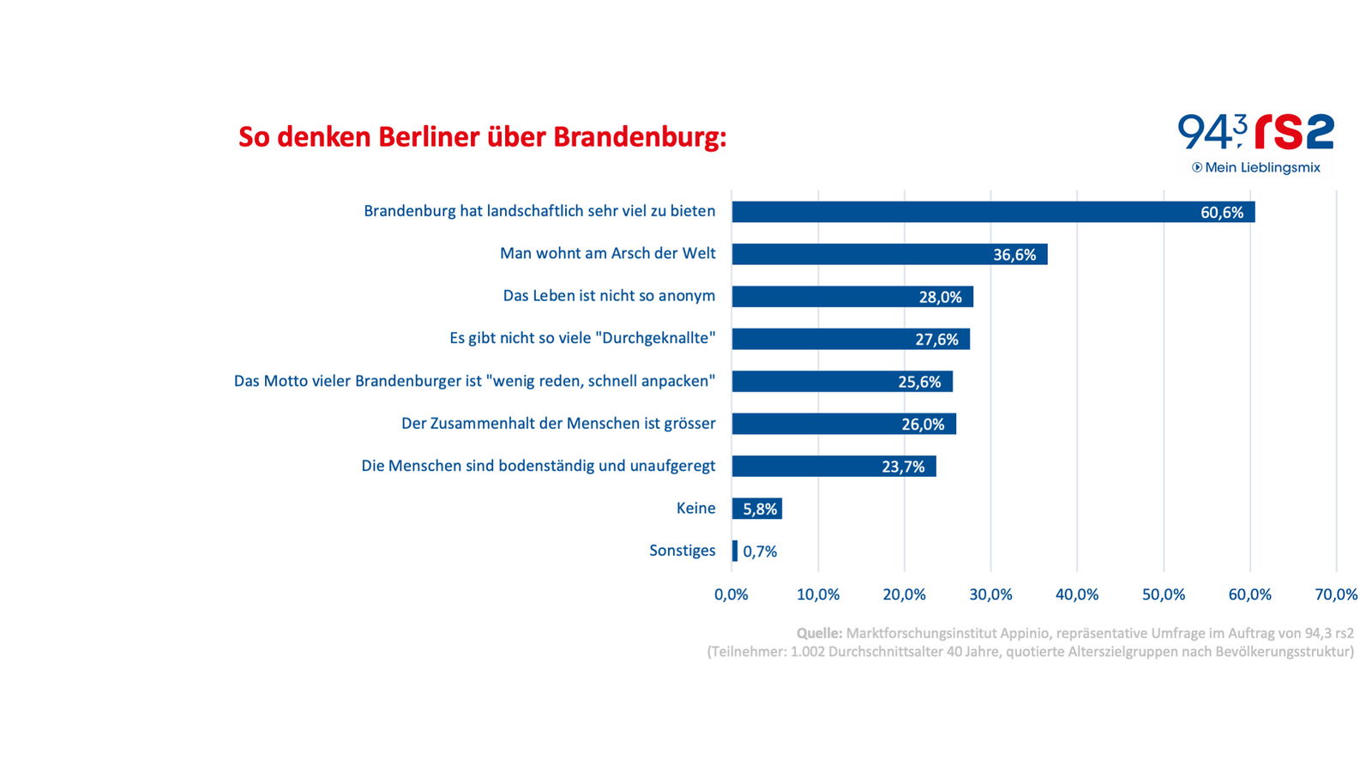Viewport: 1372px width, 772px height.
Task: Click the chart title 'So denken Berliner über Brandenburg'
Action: click(x=482, y=137)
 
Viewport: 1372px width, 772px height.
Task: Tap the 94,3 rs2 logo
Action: click(x=1255, y=133)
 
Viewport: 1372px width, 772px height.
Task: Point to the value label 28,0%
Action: click(x=940, y=298)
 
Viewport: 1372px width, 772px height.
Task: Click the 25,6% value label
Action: click(x=919, y=382)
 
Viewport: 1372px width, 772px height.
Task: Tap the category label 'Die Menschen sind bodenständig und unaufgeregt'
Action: click(x=538, y=466)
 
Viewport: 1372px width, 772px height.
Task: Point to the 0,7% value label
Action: click(x=760, y=552)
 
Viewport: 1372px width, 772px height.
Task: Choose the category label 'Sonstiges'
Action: click(x=682, y=551)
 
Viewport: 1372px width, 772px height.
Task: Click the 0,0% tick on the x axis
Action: click(x=731, y=594)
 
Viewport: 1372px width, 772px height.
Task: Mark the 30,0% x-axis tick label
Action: click(x=990, y=594)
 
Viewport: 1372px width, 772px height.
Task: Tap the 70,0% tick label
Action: click(x=1335, y=594)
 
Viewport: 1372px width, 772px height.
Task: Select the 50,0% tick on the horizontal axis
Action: click(x=1163, y=594)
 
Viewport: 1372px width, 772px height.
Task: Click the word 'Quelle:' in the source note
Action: click(x=819, y=633)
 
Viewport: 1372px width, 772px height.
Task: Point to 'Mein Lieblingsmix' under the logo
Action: click(x=1261, y=167)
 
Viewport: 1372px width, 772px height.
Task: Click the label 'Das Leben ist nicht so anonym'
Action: click(x=609, y=296)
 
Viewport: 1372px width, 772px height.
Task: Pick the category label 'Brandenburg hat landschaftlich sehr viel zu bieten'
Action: click(x=539, y=211)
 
